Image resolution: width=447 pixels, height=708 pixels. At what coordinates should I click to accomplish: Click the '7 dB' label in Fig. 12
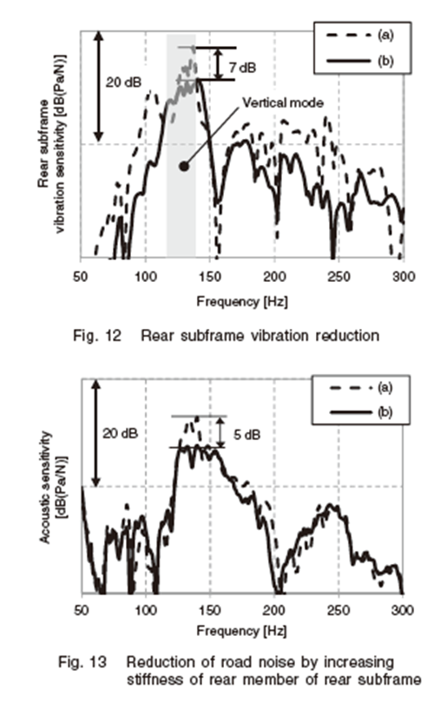pyautogui.click(x=242, y=68)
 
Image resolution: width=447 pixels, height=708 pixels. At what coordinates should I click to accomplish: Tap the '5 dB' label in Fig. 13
pyautogui.click(x=247, y=435)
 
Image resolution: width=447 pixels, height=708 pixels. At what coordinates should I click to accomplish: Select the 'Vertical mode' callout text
pyautogui.click(x=283, y=103)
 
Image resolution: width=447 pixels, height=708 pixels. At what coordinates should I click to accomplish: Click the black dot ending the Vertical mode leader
pyautogui.click(x=183, y=167)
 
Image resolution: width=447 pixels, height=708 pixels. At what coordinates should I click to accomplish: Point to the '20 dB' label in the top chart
pyautogui.click(x=123, y=82)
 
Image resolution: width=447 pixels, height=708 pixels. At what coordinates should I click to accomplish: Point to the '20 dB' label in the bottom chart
pyautogui.click(x=120, y=433)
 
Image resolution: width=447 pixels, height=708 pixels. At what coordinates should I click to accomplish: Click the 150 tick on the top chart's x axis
pyautogui.click(x=210, y=276)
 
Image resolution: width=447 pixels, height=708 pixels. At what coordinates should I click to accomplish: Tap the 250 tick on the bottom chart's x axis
pyautogui.click(x=339, y=610)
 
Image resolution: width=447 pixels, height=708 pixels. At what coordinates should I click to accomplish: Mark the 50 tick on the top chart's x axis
pyautogui.click(x=81, y=276)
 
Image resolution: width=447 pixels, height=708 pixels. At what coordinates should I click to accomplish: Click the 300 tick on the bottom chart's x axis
pyautogui.click(x=403, y=610)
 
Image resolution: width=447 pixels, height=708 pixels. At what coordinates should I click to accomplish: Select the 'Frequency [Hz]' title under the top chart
pyautogui.click(x=242, y=301)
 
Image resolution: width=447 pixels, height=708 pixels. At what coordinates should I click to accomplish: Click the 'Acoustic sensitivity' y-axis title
pyautogui.click(x=45, y=487)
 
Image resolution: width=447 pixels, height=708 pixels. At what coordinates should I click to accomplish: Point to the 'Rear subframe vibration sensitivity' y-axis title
pyautogui.click(x=52, y=143)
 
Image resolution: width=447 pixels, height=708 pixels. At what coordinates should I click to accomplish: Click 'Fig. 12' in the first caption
pyautogui.click(x=97, y=336)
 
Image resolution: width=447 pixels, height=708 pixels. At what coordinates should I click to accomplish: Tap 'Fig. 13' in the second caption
pyautogui.click(x=82, y=662)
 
